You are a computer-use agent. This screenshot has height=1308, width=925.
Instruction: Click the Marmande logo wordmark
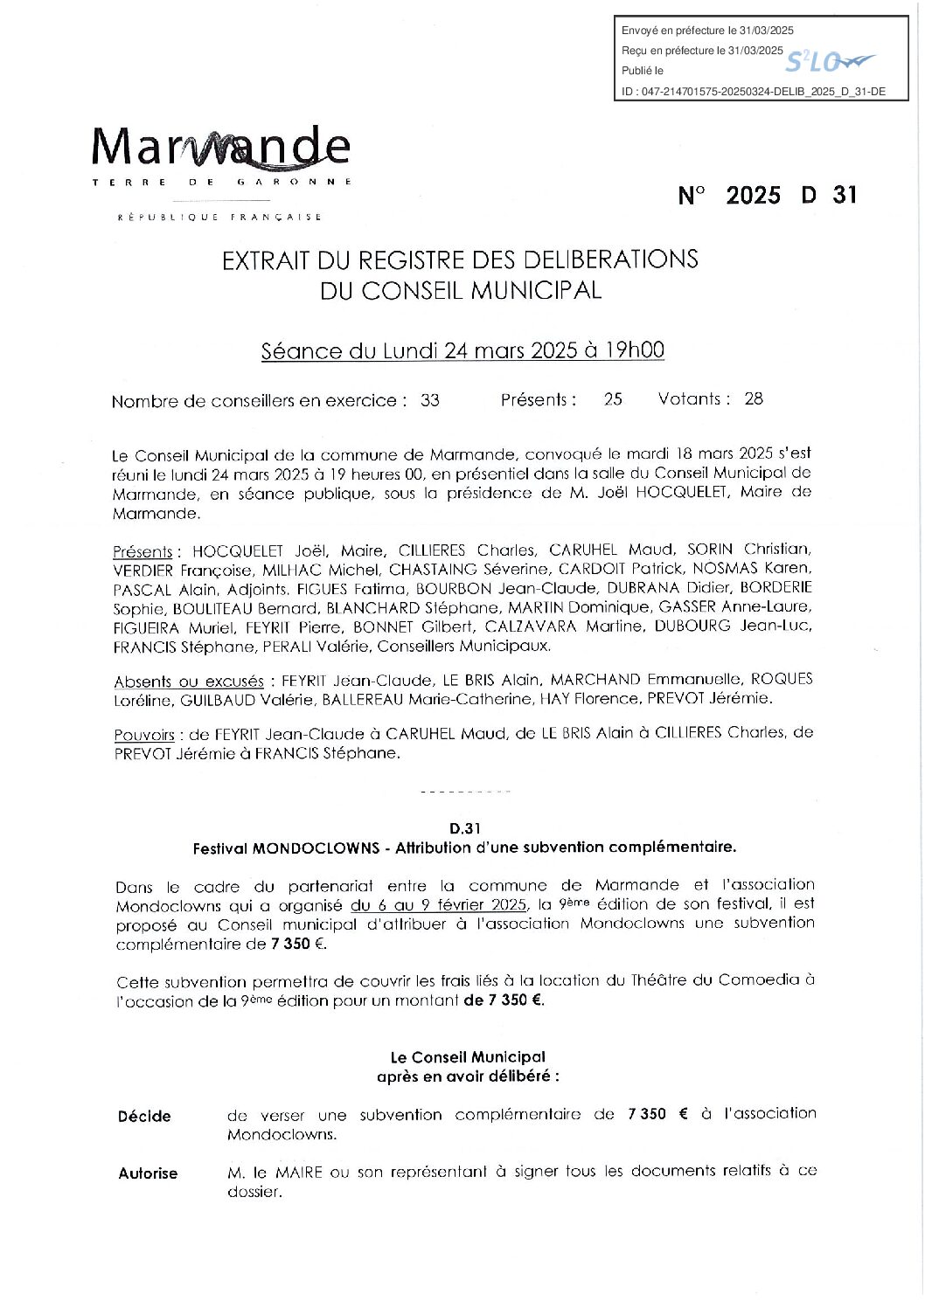click(x=221, y=148)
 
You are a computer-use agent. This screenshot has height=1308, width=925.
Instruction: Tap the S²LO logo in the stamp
click(x=829, y=61)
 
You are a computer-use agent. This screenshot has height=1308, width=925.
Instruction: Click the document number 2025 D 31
click(x=768, y=195)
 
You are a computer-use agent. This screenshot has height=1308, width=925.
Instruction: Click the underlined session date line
click(x=462, y=350)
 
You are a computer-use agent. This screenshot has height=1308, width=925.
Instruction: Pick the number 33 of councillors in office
click(x=430, y=401)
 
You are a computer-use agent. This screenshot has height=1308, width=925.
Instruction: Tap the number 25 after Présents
click(x=613, y=399)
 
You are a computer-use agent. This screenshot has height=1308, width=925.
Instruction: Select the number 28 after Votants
click(x=754, y=399)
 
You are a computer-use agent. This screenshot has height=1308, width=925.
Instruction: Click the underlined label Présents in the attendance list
click(x=143, y=552)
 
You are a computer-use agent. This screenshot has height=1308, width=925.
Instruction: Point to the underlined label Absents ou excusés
click(x=189, y=682)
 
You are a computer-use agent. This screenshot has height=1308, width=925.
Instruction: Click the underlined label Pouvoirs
click(x=144, y=736)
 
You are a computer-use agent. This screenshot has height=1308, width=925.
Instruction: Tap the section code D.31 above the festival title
click(x=466, y=828)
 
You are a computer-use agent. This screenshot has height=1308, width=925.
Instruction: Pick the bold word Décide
click(x=144, y=1116)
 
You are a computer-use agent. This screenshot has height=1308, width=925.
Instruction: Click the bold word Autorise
click(x=148, y=1173)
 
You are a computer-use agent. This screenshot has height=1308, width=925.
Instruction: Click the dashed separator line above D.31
click(x=465, y=792)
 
